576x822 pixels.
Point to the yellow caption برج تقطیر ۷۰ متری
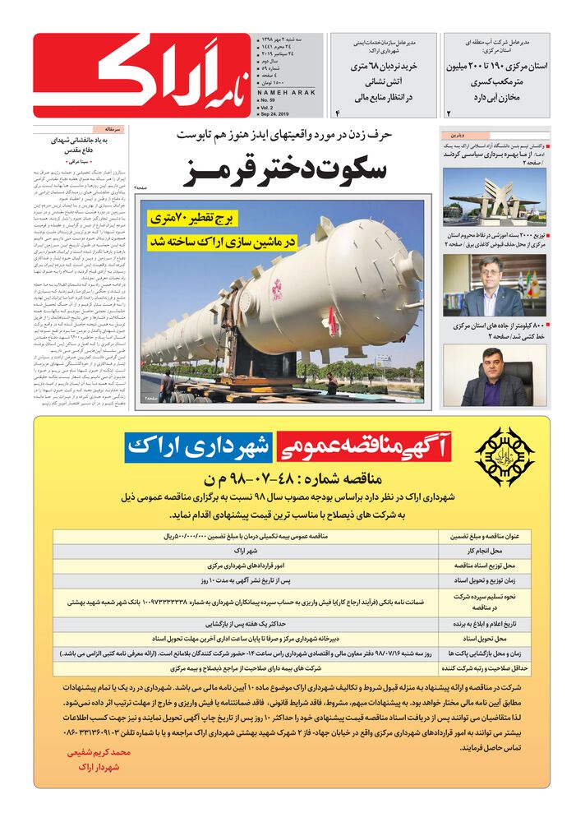click(x=203, y=220)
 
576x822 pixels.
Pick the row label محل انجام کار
click(x=486, y=551)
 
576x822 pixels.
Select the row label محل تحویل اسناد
click(x=486, y=637)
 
